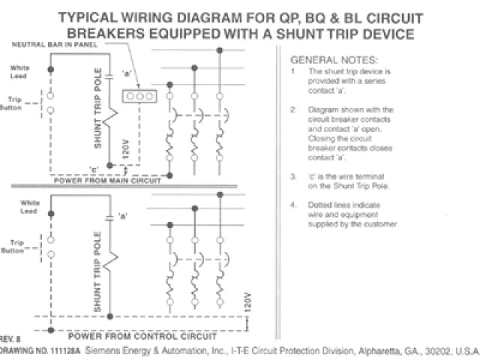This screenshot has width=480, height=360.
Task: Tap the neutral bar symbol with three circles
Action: (x=139, y=97)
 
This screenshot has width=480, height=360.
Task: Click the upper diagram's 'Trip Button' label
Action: (x=16, y=103)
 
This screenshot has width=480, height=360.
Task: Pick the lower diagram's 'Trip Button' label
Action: (x=16, y=246)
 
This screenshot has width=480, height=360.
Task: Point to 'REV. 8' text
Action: (x=11, y=337)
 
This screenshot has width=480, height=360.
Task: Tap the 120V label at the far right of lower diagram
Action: (x=247, y=302)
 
